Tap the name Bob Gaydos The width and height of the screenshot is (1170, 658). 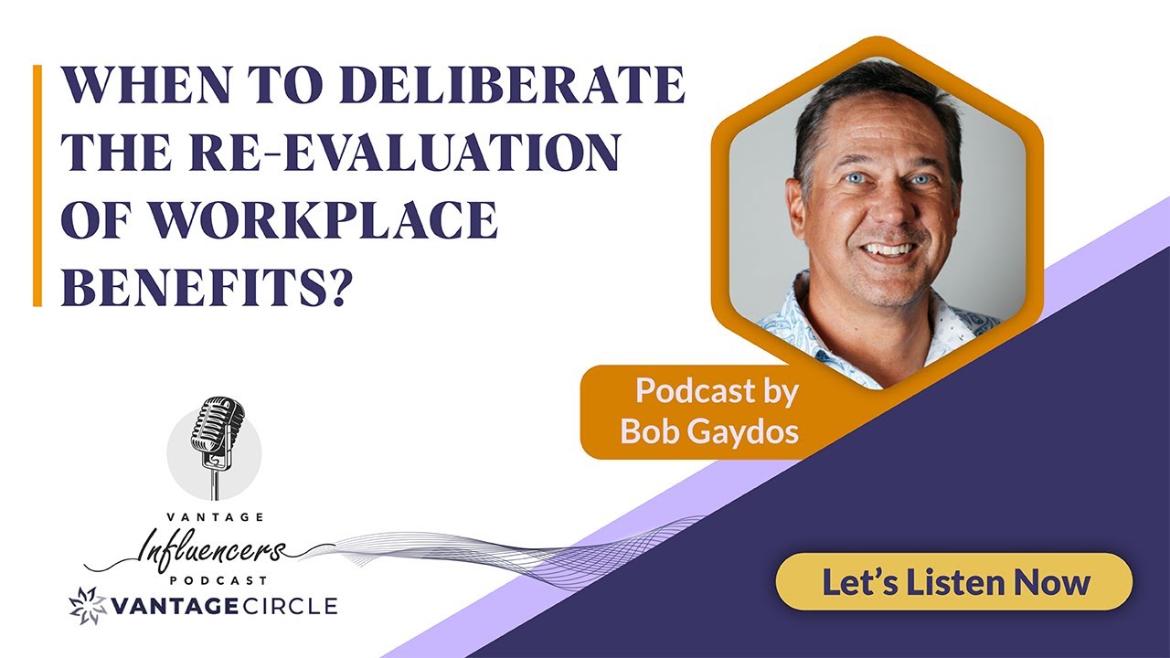coord(709,430)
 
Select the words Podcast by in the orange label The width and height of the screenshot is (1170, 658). coord(717,391)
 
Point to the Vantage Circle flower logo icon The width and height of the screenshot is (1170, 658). coord(88,605)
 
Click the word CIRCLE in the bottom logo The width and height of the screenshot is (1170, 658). coord(288,605)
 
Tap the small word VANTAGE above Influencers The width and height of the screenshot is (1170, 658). coord(217,517)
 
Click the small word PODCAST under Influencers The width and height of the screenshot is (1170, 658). coord(218,580)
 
